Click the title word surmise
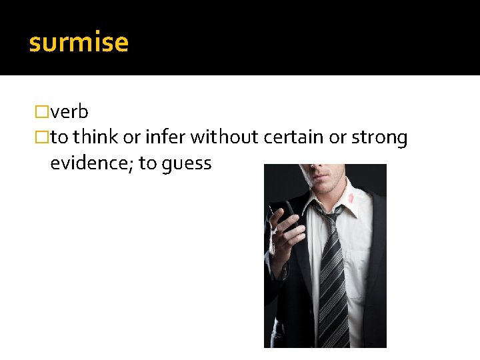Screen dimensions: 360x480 [x=79, y=43]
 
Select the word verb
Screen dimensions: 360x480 [x=69, y=112]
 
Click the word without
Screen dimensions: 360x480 [x=225, y=138]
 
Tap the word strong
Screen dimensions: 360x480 [x=379, y=138]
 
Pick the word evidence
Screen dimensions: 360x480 [x=91, y=163]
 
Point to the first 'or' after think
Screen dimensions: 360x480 [x=131, y=138]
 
